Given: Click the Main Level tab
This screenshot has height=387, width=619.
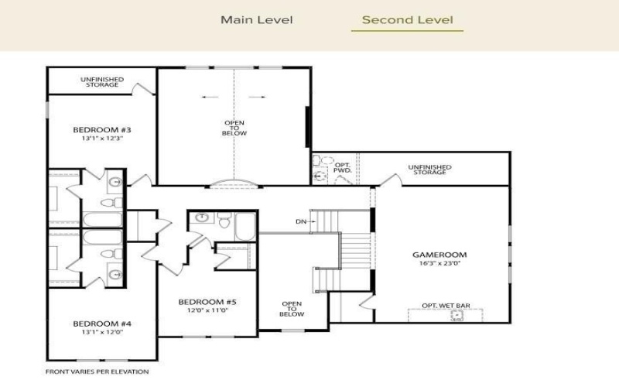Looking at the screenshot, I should pyautogui.click(x=257, y=20).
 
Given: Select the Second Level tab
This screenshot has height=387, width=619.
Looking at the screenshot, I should pyautogui.click(x=407, y=20).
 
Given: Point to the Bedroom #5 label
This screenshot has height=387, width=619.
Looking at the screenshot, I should pyautogui.click(x=207, y=301).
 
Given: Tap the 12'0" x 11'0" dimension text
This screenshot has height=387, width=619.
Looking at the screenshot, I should pyautogui.click(x=207, y=310).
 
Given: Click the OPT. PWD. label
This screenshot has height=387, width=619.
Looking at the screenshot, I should pyautogui.click(x=342, y=168).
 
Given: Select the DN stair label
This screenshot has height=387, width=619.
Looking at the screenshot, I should pyautogui.click(x=301, y=221).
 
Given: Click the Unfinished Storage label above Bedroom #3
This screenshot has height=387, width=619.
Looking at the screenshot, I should pyautogui.click(x=102, y=81).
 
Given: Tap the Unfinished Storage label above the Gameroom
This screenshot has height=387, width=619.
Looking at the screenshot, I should pyautogui.click(x=429, y=170).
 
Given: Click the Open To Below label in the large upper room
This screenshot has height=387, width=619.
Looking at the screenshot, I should pyautogui.click(x=235, y=128).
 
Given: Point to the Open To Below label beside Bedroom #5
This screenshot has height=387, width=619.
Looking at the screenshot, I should pyautogui.click(x=292, y=308).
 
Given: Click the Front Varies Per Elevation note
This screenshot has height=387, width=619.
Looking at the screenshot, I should pyautogui.click(x=97, y=372).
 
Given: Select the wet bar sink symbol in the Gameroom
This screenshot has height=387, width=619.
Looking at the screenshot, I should pyautogui.click(x=457, y=315).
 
